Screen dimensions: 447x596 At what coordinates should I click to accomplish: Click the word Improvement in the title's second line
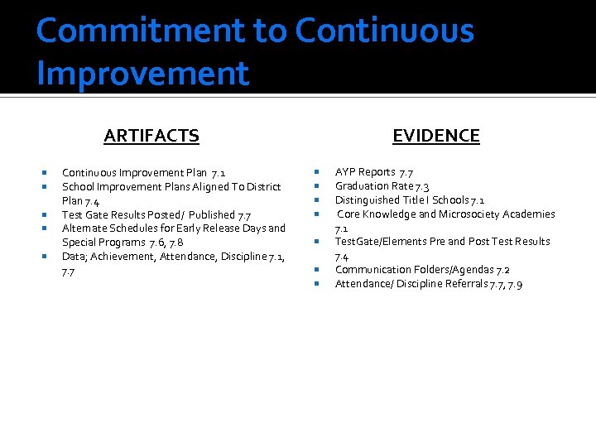pos(142,73)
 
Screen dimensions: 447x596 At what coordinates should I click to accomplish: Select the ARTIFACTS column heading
pos(151,136)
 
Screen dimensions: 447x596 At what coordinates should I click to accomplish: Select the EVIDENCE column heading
pos(435,136)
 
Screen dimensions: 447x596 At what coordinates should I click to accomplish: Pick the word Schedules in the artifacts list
pos(133,228)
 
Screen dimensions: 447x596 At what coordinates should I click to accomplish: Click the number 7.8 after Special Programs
pos(175,243)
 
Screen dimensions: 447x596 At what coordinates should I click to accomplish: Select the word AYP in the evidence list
pos(345,172)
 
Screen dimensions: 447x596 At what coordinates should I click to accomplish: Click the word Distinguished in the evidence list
pos(367,200)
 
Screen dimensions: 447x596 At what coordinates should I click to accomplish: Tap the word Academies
pos(529,214)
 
